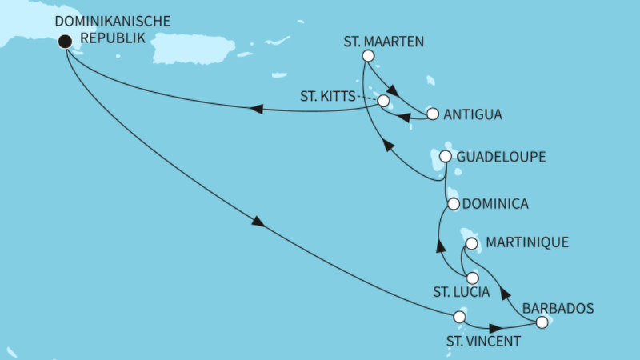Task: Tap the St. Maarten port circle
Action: (x=368, y=56)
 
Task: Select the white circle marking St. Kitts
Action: (x=383, y=102)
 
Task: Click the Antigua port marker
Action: (x=433, y=114)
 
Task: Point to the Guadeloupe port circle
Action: (x=446, y=157)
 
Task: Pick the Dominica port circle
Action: (x=454, y=204)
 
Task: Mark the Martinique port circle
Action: (x=471, y=243)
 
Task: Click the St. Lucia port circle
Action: (x=472, y=278)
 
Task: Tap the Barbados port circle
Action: (x=542, y=322)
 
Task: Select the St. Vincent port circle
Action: (x=459, y=317)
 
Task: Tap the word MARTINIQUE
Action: (x=528, y=242)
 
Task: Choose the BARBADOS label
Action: (x=557, y=306)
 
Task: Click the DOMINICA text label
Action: (x=496, y=204)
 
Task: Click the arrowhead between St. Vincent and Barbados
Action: (x=497, y=328)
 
